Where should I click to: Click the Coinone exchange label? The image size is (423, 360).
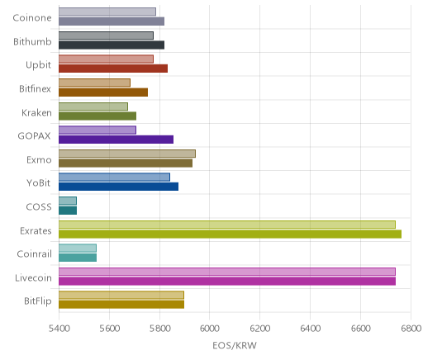(x=32, y=18)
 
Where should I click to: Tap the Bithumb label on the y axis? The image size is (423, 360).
(x=32, y=41)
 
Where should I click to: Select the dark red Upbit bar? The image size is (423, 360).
(x=113, y=69)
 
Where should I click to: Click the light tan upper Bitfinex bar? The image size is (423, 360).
(x=94, y=83)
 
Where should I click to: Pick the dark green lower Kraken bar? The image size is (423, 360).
(x=97, y=116)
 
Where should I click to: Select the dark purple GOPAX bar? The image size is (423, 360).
(x=116, y=140)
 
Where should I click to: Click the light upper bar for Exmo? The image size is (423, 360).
(x=127, y=154)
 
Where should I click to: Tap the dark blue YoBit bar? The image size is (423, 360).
(x=118, y=187)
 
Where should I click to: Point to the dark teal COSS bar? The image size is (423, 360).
(x=68, y=211)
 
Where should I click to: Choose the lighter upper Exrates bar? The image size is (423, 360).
(x=227, y=225)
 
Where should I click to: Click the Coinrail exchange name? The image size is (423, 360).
(x=35, y=253)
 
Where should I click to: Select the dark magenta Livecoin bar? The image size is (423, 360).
(x=227, y=282)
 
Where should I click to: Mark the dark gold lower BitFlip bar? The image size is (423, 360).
(x=121, y=305)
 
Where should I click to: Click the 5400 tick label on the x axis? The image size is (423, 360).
(x=59, y=329)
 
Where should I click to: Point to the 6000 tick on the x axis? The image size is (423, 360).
(x=209, y=329)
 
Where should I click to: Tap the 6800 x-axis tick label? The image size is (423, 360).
(x=411, y=329)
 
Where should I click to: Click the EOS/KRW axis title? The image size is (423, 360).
(x=235, y=345)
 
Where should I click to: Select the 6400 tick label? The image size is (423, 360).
(x=311, y=329)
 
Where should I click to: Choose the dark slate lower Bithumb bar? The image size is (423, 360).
(x=112, y=45)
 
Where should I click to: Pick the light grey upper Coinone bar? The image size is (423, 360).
(x=107, y=12)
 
